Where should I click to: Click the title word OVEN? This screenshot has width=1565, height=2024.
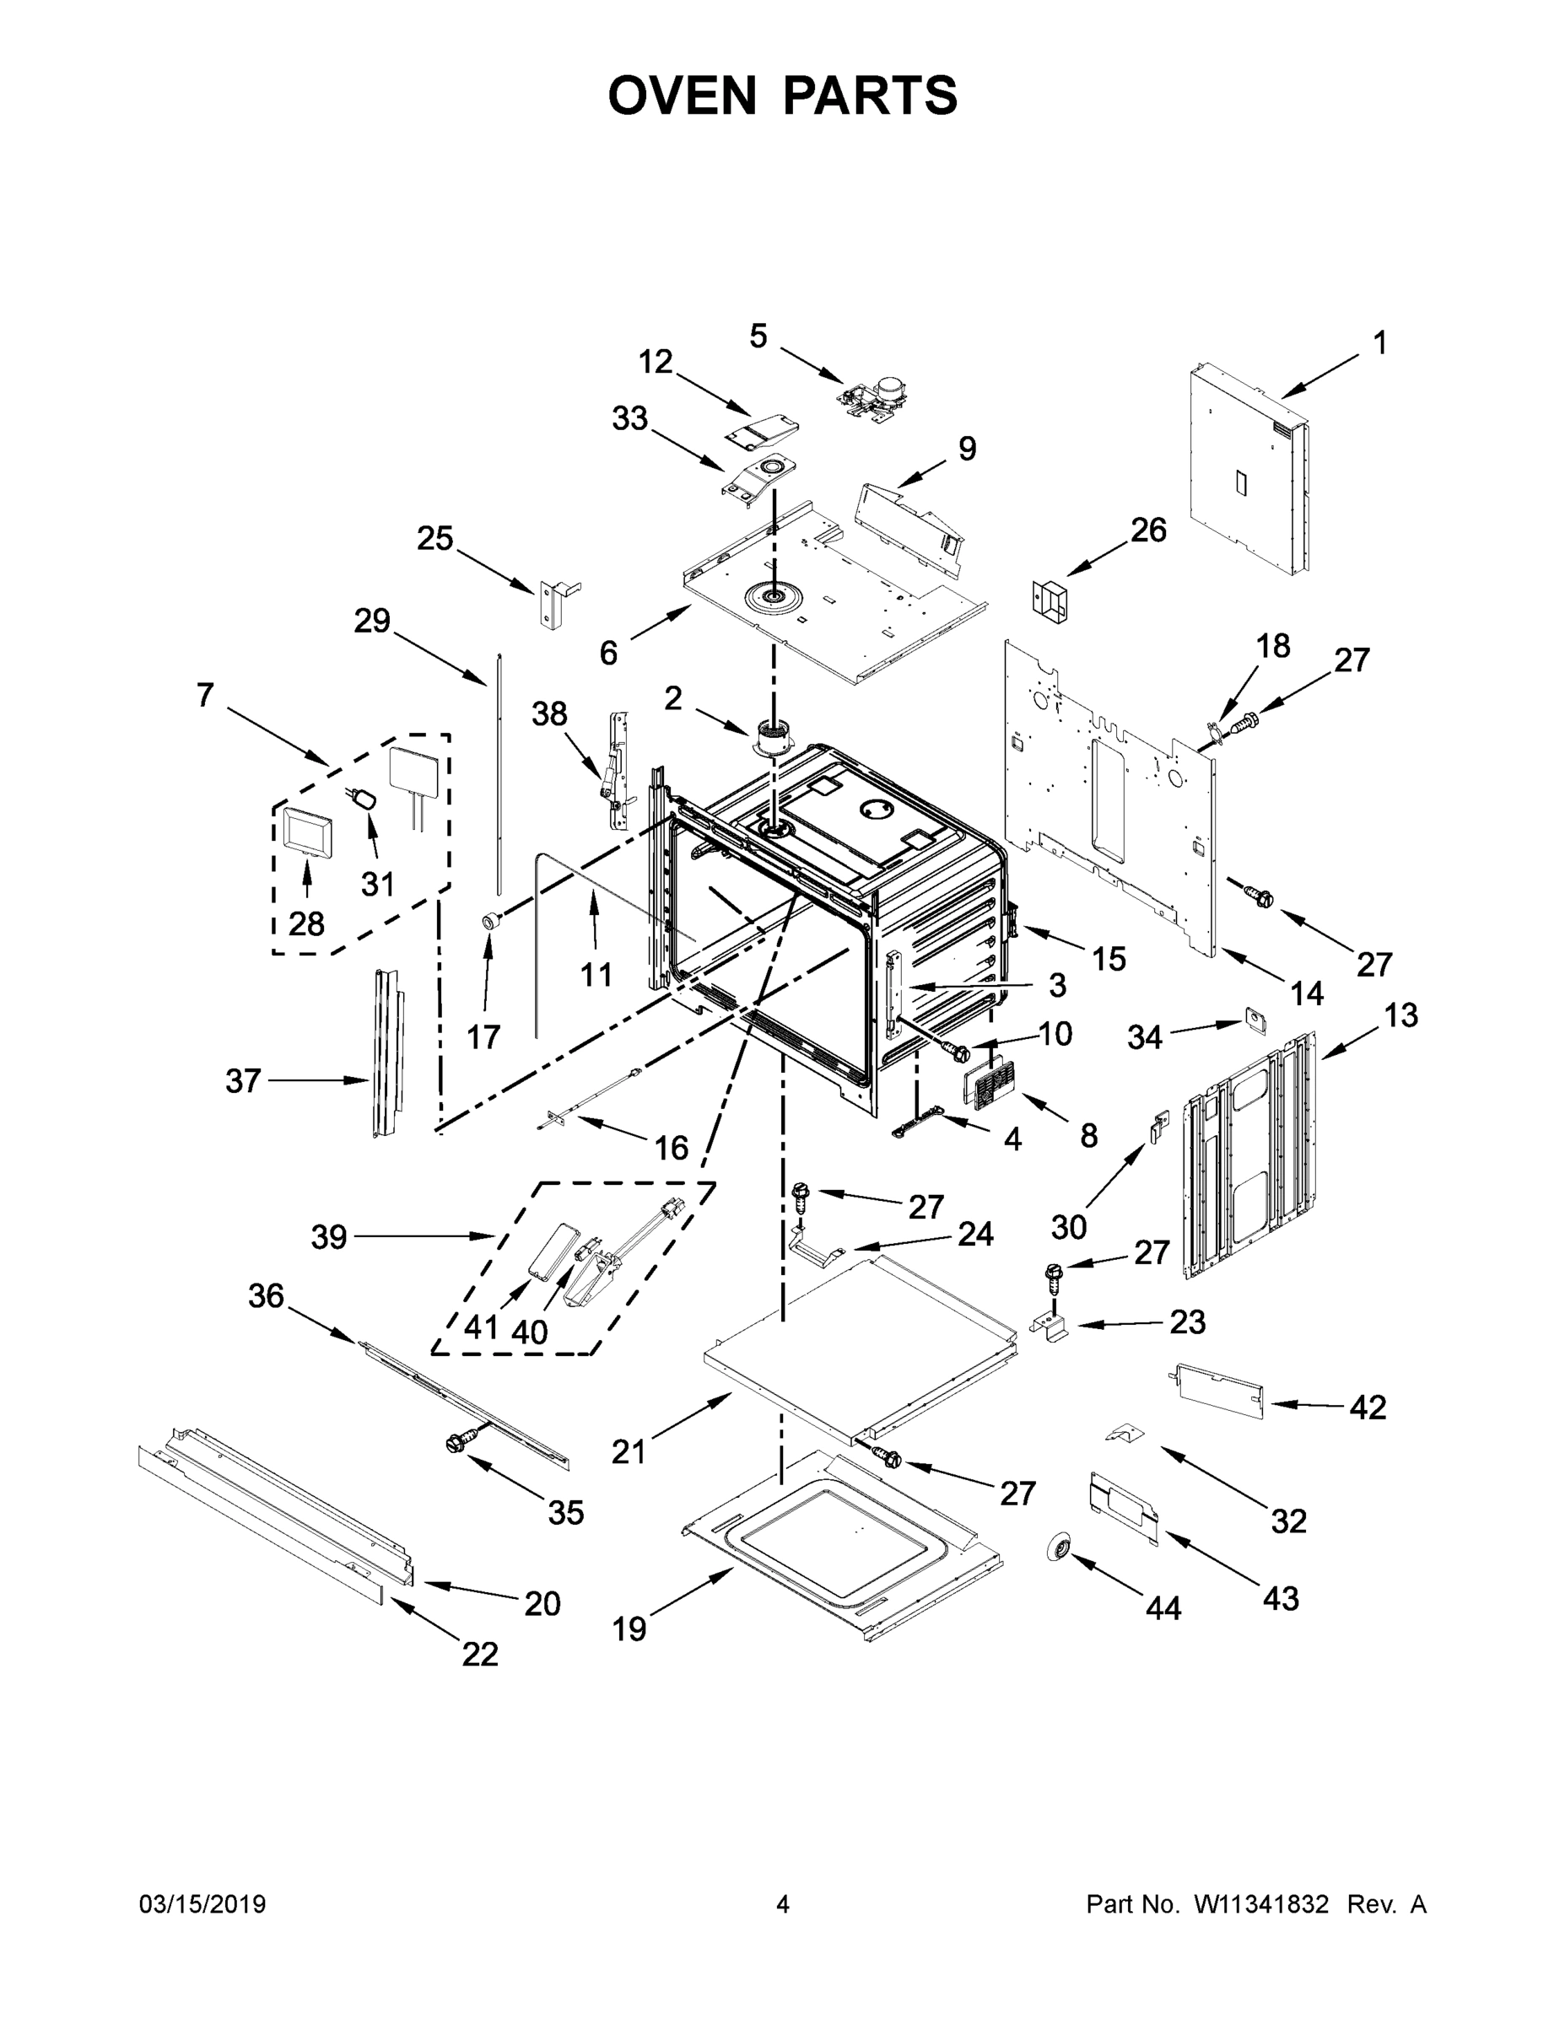(x=683, y=95)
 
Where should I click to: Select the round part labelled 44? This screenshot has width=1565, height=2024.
(x=1058, y=1546)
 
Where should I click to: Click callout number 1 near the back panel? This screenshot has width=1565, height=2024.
(x=1379, y=343)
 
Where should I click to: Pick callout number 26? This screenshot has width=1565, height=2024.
(x=1147, y=530)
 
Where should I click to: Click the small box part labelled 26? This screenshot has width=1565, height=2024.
(x=1050, y=596)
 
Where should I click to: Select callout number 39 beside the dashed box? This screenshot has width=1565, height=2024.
(x=329, y=1236)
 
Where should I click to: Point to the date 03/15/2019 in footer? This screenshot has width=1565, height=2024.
(x=202, y=1903)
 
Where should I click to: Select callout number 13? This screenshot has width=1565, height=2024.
(x=1400, y=1015)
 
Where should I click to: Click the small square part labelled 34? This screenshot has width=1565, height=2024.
(x=1255, y=1020)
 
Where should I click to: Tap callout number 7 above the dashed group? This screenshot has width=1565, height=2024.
(x=205, y=694)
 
